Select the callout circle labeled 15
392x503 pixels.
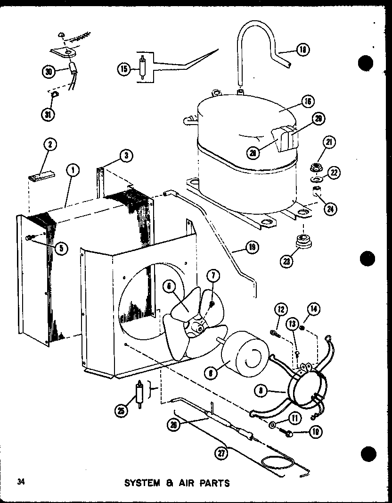[124, 69]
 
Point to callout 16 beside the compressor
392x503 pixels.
[308, 101]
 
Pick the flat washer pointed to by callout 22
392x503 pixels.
[314, 179]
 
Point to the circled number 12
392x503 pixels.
[281, 309]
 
